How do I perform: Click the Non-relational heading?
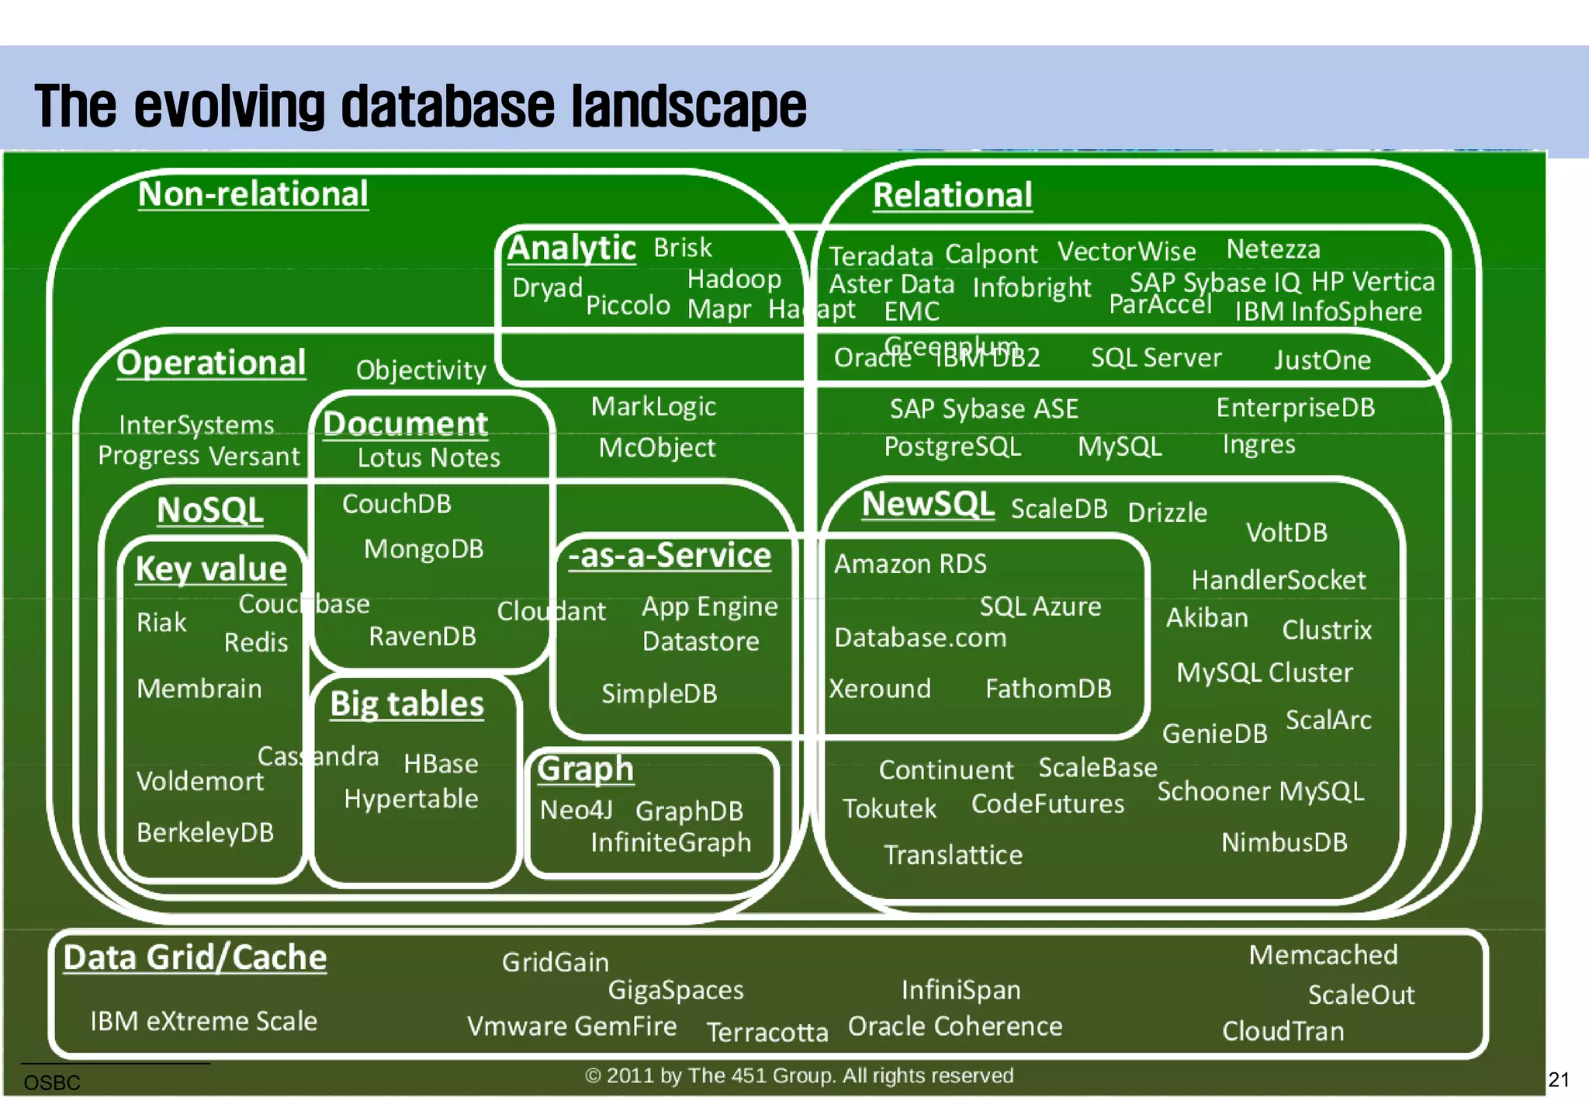(253, 194)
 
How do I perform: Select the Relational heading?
(952, 195)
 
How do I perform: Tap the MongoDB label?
(424, 549)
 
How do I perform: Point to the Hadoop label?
(734, 279)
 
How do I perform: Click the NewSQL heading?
(927, 504)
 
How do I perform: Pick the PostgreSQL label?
(952, 446)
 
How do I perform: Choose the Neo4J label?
(576, 810)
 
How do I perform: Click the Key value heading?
(211, 568)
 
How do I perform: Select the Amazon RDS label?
(910, 564)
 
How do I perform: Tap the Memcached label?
(1323, 955)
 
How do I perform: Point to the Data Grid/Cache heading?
(195, 957)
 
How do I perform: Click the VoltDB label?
(1286, 533)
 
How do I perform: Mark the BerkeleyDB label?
(205, 832)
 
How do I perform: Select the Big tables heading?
(407, 704)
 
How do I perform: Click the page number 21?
(1558, 1080)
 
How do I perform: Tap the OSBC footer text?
(52, 1082)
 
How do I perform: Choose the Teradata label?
(881, 256)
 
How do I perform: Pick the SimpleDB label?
(659, 693)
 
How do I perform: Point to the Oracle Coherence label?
(954, 1026)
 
